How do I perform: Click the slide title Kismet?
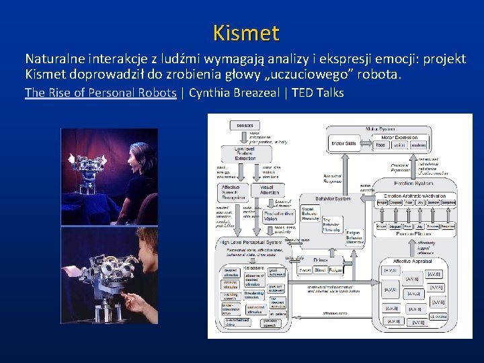tap(245, 32)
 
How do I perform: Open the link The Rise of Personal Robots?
tap(100, 93)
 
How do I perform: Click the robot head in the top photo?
tap(91, 165)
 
